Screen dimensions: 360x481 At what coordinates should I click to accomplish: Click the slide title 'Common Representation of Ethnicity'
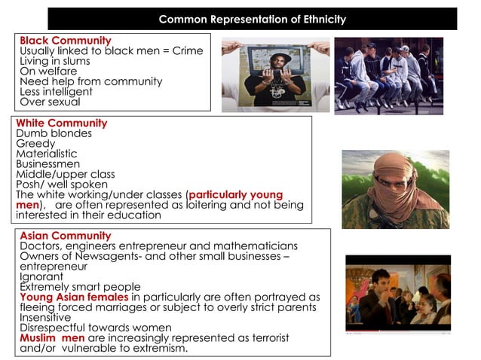click(x=253, y=19)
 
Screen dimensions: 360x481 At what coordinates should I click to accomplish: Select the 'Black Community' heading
click(x=66, y=41)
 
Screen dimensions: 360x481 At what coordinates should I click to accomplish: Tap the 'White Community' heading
click(x=62, y=124)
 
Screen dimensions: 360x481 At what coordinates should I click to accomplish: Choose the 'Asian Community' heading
click(x=66, y=236)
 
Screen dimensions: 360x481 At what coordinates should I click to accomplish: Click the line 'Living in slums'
click(x=55, y=61)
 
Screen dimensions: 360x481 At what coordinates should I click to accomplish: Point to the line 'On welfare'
click(x=48, y=72)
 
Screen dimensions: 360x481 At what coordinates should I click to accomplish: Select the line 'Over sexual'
click(x=50, y=102)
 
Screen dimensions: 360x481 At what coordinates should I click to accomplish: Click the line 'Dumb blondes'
click(x=54, y=134)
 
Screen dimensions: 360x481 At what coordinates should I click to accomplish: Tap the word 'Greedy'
click(x=35, y=144)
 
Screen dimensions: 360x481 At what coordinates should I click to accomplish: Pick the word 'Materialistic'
click(x=47, y=154)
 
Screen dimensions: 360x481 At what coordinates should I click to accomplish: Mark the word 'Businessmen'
click(x=47, y=164)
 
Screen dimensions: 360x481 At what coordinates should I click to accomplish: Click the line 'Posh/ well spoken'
click(x=62, y=185)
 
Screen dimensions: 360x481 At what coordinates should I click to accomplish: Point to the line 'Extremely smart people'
click(x=80, y=287)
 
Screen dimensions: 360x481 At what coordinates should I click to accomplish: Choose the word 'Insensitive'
click(x=46, y=318)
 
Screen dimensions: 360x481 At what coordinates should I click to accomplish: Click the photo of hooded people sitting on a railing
click(x=388, y=75)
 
